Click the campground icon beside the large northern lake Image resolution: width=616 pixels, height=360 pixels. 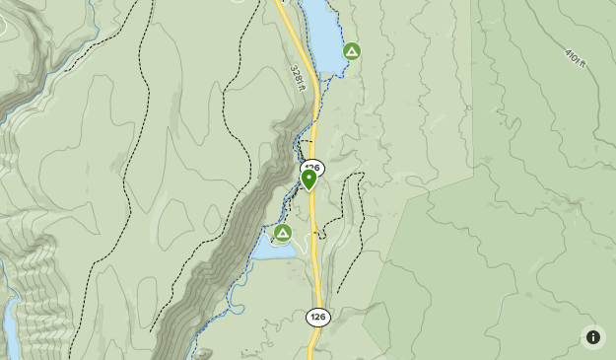coord(351,51)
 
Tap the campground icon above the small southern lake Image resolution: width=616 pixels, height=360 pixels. coord(283,234)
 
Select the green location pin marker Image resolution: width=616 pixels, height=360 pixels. coord(308,178)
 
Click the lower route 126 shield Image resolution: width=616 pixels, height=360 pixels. coord(317,317)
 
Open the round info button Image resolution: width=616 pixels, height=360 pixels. coord(593,337)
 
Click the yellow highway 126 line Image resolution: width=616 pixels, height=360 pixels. coord(316,256)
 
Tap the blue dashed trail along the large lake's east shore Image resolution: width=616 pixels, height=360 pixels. coord(345,30)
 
